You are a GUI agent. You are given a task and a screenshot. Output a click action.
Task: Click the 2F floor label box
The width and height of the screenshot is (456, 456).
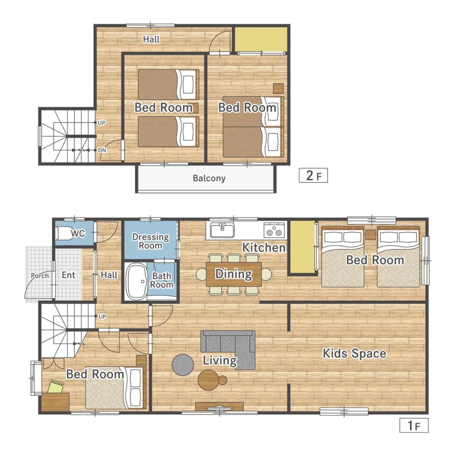click(313, 175)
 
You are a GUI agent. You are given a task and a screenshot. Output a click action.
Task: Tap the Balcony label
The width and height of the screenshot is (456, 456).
click(209, 178)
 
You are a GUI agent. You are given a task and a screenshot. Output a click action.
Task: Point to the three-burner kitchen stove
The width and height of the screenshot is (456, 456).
click(274, 230)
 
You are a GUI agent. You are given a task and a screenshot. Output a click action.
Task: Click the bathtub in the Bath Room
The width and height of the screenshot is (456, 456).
click(136, 281)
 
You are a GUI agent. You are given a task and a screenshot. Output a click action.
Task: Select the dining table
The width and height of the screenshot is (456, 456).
click(234, 274)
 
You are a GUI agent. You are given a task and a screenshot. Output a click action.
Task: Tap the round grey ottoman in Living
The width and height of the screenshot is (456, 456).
click(183, 365)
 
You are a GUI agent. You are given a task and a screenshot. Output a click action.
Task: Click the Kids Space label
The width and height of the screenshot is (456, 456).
click(354, 353)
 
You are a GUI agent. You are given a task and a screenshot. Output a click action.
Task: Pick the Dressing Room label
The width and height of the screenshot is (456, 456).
click(150, 241)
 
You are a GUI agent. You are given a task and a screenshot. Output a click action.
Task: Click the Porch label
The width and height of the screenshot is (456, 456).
click(40, 276)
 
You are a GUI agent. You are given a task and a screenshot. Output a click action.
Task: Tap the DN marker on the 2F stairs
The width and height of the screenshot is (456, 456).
click(102, 150)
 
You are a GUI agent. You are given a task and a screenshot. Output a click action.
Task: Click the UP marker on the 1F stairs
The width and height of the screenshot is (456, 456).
click(102, 316)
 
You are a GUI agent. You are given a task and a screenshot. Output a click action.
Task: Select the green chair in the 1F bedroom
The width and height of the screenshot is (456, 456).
click(56, 387)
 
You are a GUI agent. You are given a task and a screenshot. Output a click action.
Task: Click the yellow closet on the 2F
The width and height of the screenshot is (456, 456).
click(261, 39)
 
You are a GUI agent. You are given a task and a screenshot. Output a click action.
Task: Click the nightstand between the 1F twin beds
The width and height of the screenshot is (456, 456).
click(370, 235)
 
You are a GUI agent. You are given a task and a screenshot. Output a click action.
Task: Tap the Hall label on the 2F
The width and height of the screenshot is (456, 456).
click(151, 39)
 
